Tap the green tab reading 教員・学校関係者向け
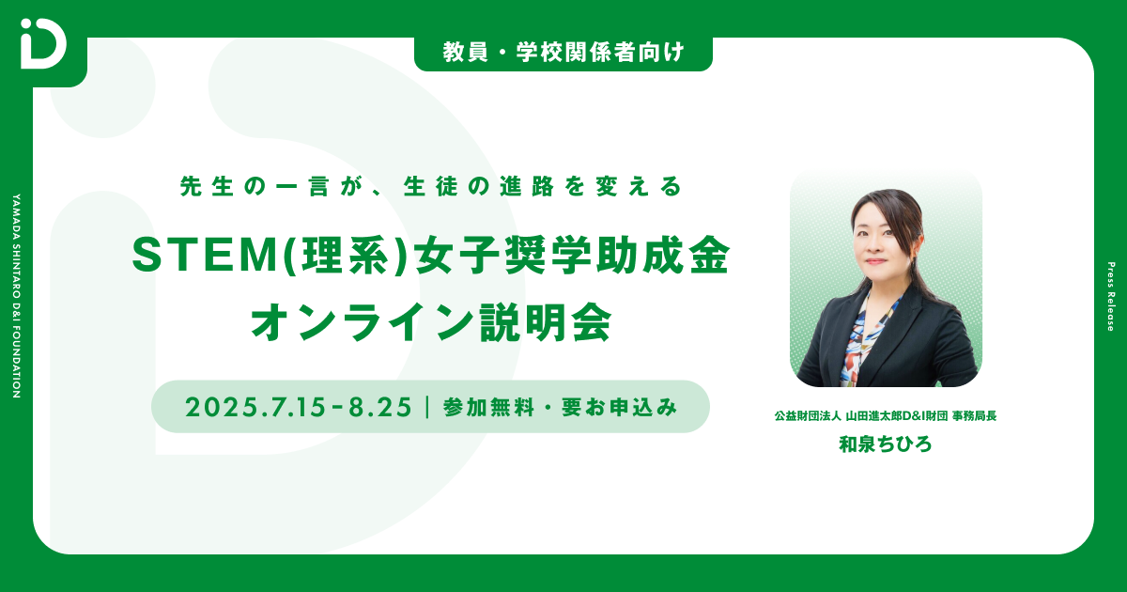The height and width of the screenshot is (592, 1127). pyautogui.click(x=563, y=54)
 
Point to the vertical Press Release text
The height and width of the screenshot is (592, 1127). pyautogui.click(x=1110, y=296)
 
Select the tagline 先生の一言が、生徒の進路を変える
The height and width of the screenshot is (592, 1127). pyautogui.click(x=430, y=187)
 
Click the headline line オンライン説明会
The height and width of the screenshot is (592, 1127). pyautogui.click(x=430, y=322)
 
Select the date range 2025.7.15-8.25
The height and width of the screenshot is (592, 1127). pyautogui.click(x=299, y=407)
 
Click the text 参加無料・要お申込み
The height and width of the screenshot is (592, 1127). pyautogui.click(x=560, y=407)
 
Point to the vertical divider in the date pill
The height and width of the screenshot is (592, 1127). pyautogui.click(x=427, y=407)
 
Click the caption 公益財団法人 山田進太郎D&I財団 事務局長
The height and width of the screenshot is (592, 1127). pyautogui.click(x=885, y=415)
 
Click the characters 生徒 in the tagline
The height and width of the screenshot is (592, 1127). pyautogui.click(x=429, y=187)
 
